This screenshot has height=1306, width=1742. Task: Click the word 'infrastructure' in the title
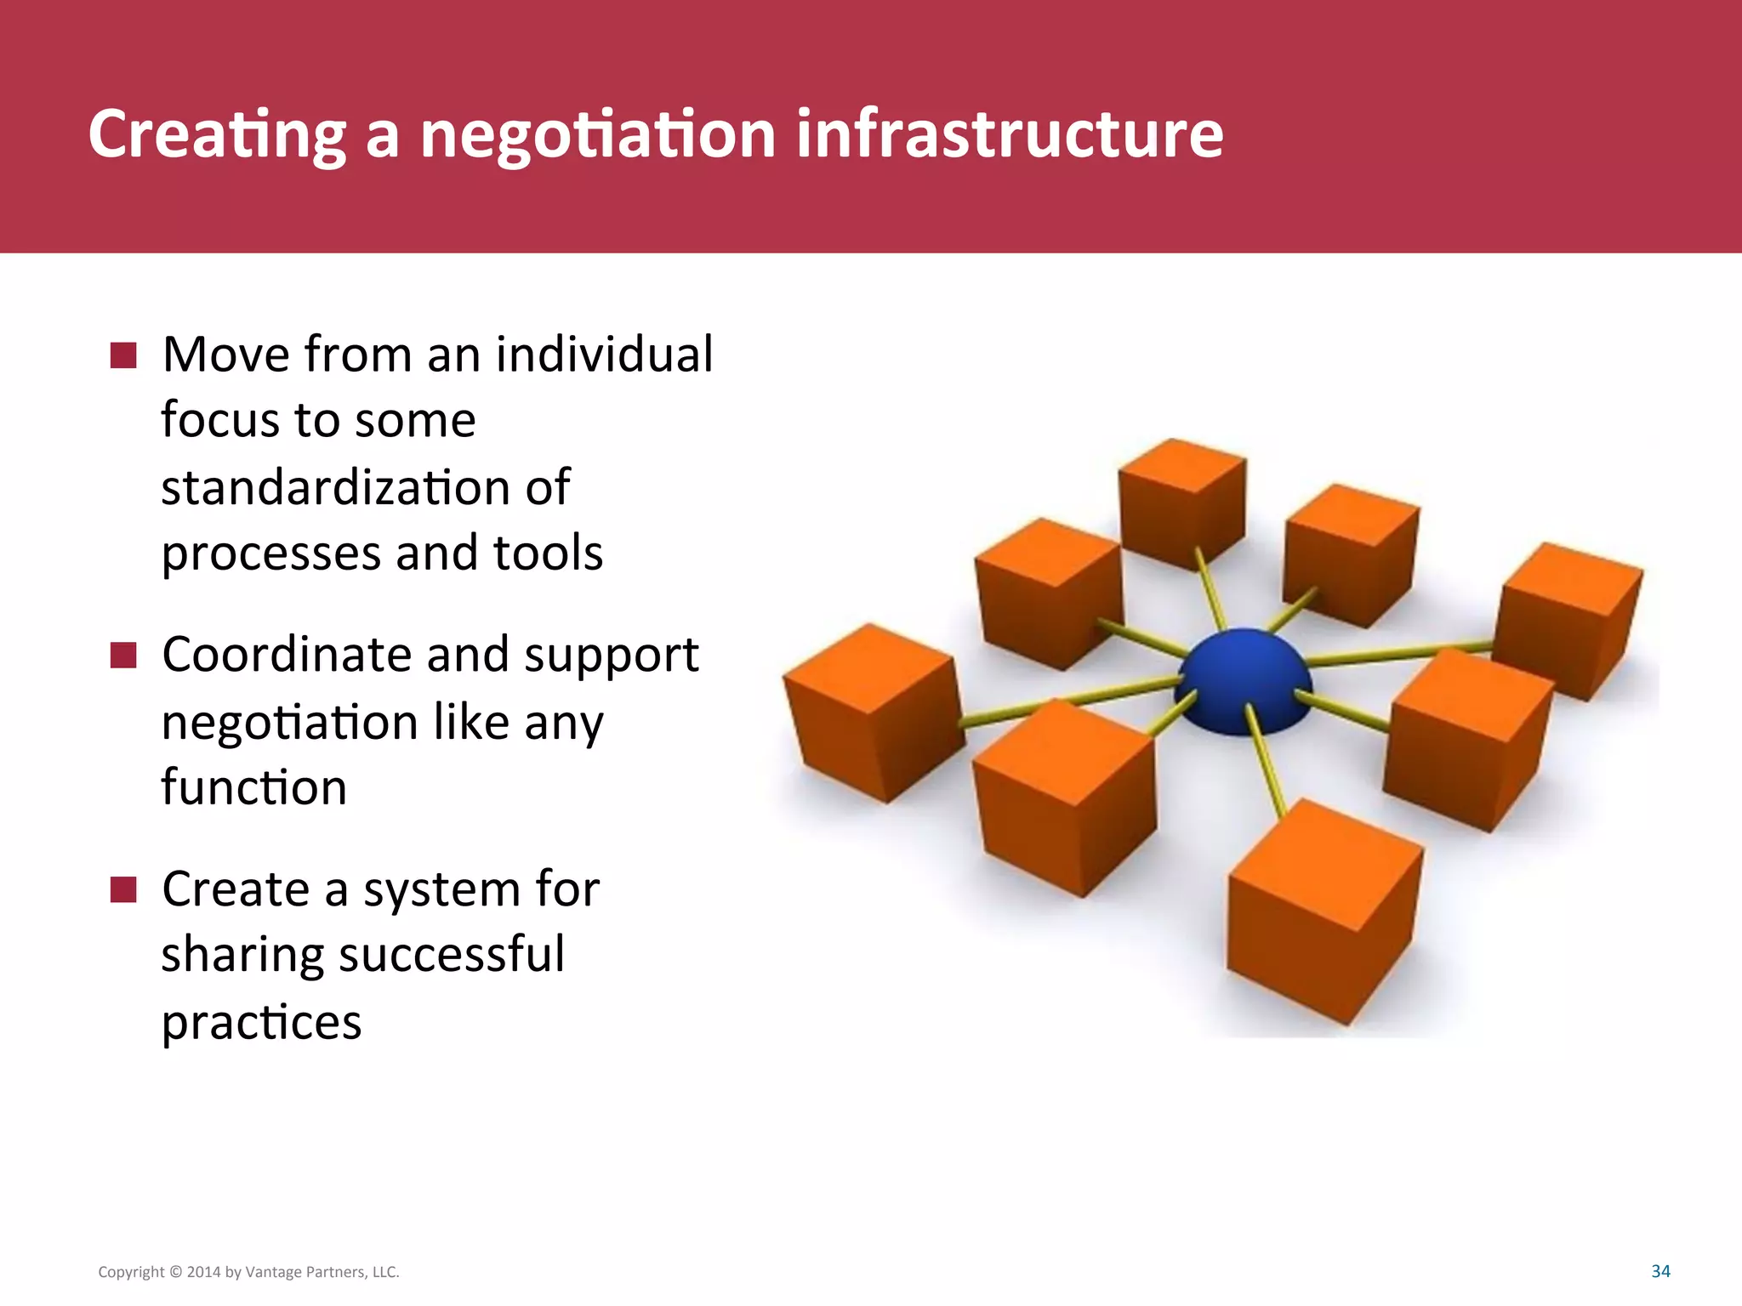click(x=1009, y=133)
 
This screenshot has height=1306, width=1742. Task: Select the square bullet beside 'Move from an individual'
click(x=123, y=355)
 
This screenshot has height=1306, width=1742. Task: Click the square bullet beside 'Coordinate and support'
click(x=123, y=656)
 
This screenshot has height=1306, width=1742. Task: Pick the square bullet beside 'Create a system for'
click(x=123, y=890)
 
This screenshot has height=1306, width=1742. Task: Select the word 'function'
click(x=253, y=786)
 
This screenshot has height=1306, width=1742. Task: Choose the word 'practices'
click(x=261, y=1021)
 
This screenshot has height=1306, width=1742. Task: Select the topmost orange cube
click(x=1182, y=502)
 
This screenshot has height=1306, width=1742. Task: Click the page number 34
click(x=1660, y=1271)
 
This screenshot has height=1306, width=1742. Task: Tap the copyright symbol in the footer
click(x=176, y=1272)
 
